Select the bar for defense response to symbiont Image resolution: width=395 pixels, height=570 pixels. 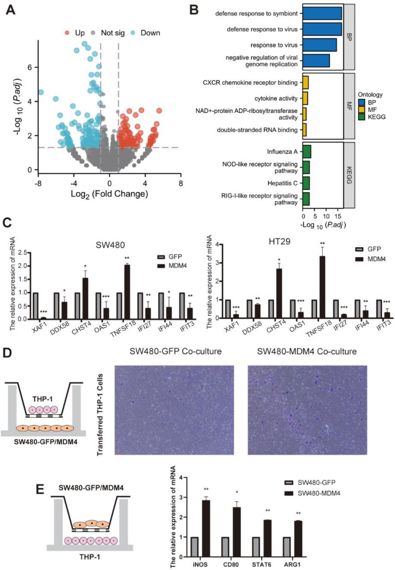click(x=322, y=13)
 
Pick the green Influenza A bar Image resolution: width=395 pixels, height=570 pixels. click(x=307, y=152)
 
